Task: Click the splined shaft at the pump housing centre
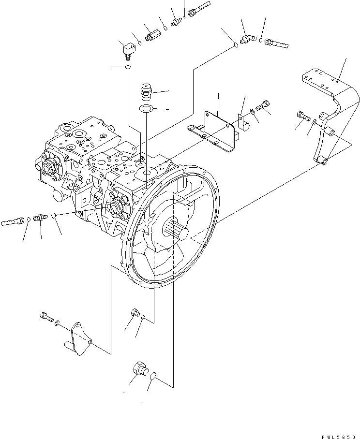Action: coord(177,229)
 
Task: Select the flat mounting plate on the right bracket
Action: coord(320,83)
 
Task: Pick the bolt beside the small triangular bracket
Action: coord(46,318)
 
